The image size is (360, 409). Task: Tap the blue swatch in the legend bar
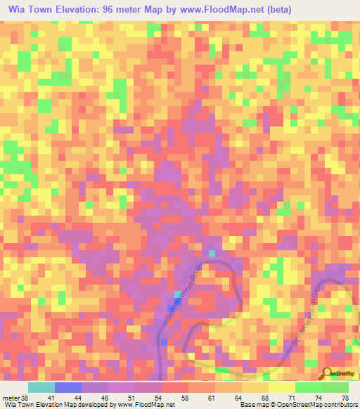point(68,387)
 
